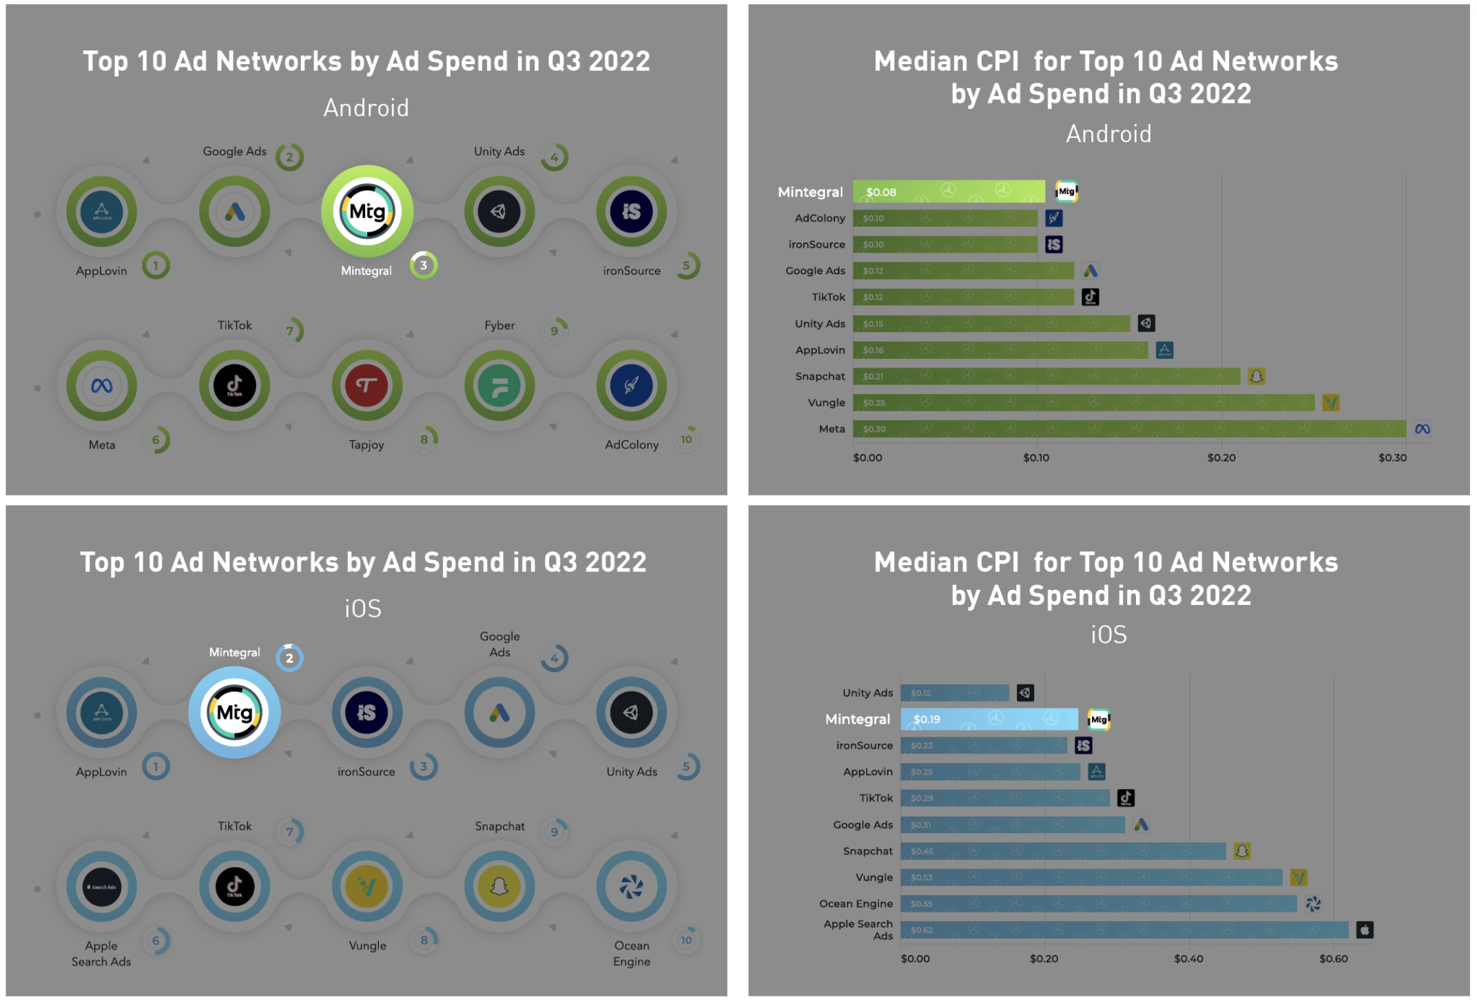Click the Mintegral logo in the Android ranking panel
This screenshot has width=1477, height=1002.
pyautogui.click(x=367, y=212)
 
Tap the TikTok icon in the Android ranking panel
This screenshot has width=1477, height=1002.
pyautogui.click(x=234, y=386)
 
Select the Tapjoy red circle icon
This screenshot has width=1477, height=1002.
pyautogui.click(x=366, y=386)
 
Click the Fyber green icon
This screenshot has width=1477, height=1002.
pyautogui.click(x=499, y=386)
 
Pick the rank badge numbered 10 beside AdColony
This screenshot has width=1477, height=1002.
pyautogui.click(x=687, y=440)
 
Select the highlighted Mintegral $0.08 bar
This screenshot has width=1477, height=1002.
pyautogui.click(x=948, y=192)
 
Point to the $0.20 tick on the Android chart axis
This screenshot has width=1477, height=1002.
pyautogui.click(x=1221, y=458)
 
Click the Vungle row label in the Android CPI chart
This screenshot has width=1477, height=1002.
pyautogui.click(x=826, y=402)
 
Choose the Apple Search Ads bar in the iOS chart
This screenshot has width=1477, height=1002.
pyautogui.click(x=1124, y=930)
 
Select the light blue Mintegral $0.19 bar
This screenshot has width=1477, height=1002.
pyautogui.click(x=989, y=719)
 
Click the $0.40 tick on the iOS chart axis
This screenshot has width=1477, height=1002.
pyautogui.click(x=1188, y=959)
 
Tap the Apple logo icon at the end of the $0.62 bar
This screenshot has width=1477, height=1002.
pyautogui.click(x=1364, y=930)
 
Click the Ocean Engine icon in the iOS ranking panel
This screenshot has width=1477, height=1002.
pyautogui.click(x=631, y=887)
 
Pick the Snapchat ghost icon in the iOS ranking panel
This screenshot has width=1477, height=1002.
pyautogui.click(x=499, y=887)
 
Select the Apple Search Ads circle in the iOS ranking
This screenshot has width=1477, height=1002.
pyautogui.click(x=102, y=887)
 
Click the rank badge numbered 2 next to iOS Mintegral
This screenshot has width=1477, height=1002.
pyautogui.click(x=289, y=658)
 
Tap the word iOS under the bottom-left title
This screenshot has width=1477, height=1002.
pyautogui.click(x=363, y=609)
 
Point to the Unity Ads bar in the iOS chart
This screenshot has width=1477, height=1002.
pyautogui.click(x=954, y=693)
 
